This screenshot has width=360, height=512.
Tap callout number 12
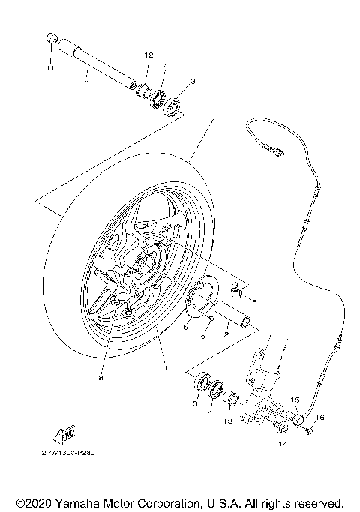point(148,55)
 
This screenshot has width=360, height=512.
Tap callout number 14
point(283,444)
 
